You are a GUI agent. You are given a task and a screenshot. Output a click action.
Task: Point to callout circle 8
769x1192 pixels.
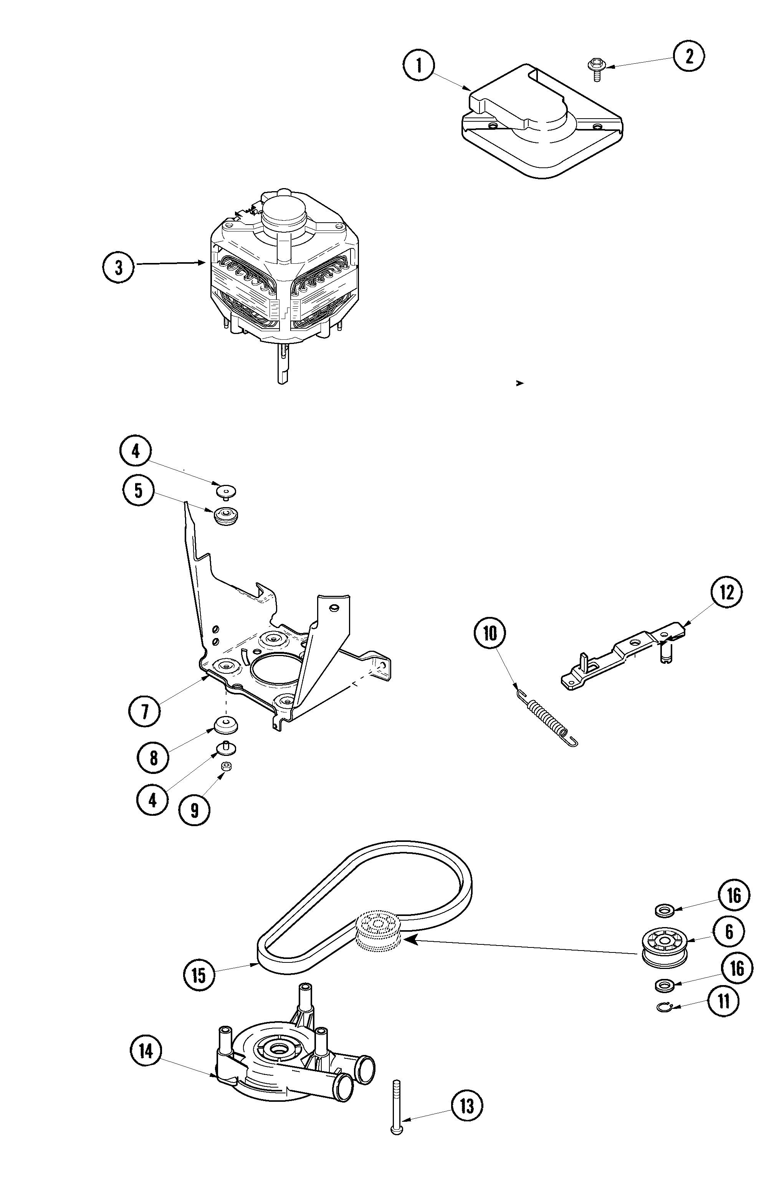[153, 758]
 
